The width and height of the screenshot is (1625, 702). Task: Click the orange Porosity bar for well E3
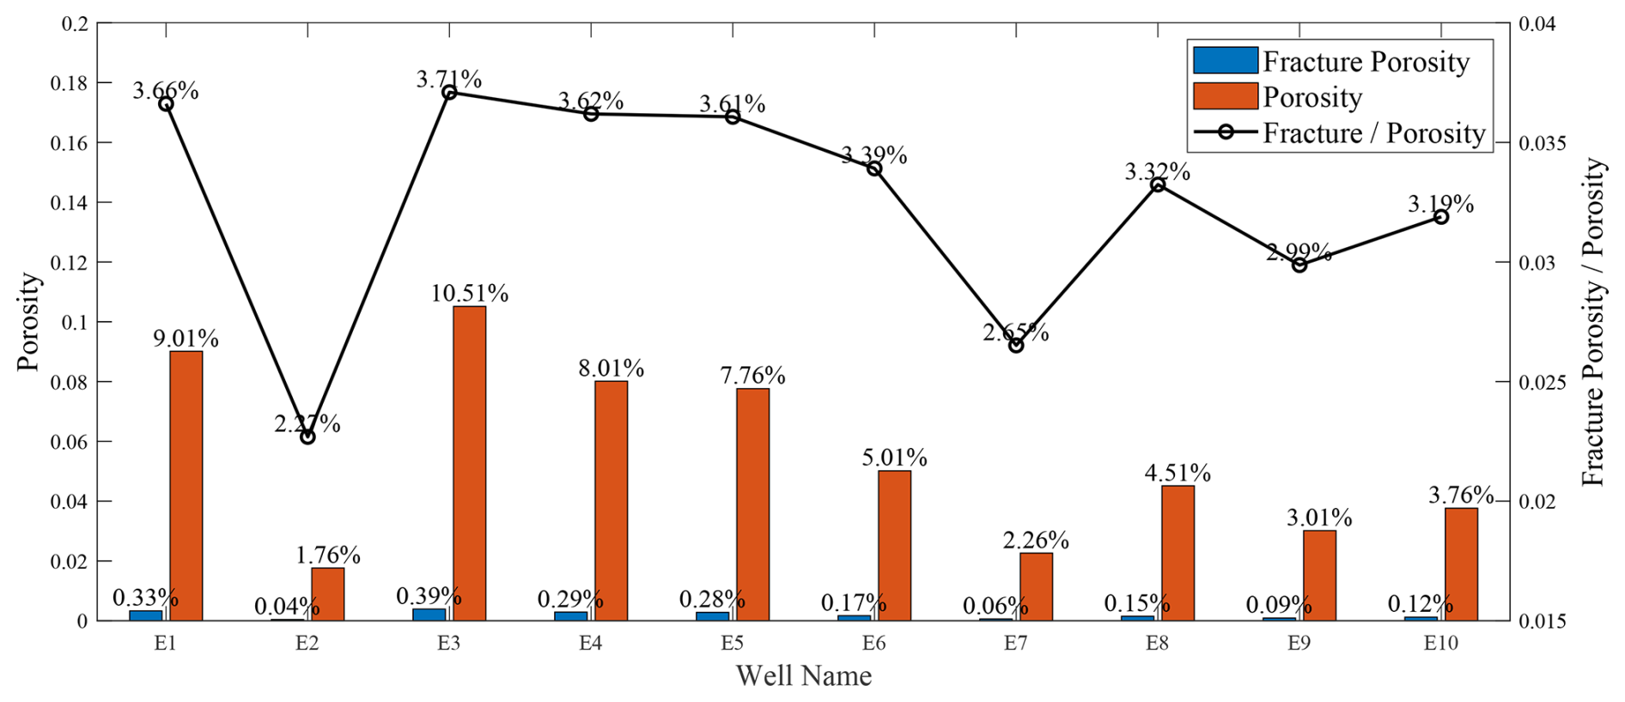click(x=469, y=463)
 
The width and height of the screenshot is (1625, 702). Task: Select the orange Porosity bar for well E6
click(x=894, y=546)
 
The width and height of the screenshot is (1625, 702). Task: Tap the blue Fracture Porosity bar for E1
click(x=146, y=614)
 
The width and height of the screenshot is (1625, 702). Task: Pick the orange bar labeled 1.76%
click(x=327, y=594)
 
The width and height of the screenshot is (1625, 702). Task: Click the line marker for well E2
click(x=307, y=437)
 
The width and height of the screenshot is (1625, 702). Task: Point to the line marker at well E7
click(x=1016, y=345)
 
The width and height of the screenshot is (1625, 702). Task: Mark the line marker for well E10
click(x=1441, y=217)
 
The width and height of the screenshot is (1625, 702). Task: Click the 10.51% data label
click(x=469, y=294)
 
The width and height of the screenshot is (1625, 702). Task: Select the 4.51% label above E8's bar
click(x=1178, y=473)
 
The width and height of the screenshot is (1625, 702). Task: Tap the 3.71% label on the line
click(x=449, y=80)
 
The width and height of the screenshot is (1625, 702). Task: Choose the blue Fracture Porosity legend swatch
click(x=1225, y=61)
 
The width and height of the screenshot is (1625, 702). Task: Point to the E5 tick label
click(x=732, y=644)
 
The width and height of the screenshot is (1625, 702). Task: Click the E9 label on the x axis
click(x=1299, y=644)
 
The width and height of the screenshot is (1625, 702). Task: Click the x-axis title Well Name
click(x=804, y=676)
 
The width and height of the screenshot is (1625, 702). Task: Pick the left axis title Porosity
click(x=29, y=322)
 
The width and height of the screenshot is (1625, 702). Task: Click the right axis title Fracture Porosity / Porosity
click(x=1594, y=322)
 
